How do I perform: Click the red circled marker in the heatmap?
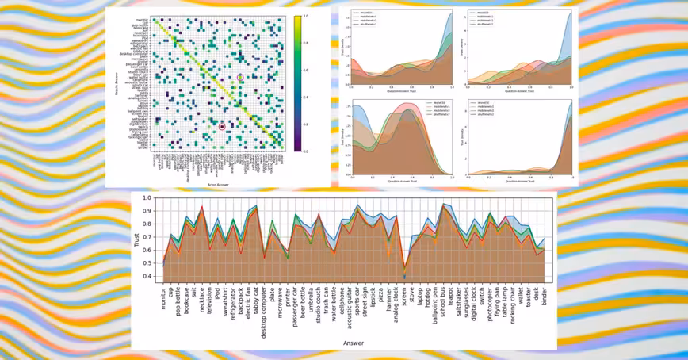point(222,125)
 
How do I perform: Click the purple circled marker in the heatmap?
point(240,77)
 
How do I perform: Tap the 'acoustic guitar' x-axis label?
point(347,309)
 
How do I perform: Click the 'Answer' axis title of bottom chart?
point(354,343)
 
